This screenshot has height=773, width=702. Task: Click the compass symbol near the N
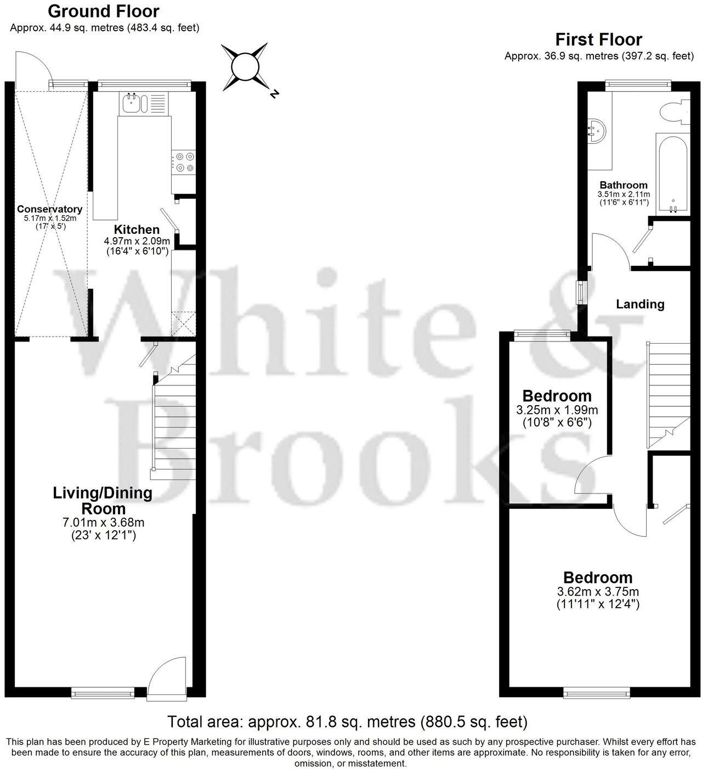click(x=245, y=67)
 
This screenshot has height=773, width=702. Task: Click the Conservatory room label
click(x=49, y=209)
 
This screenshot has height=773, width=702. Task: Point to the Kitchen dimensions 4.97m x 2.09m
click(x=137, y=241)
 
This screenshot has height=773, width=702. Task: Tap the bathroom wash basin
click(x=596, y=131)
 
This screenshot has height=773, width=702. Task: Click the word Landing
click(x=640, y=304)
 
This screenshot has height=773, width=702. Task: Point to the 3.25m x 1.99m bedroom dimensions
click(x=557, y=410)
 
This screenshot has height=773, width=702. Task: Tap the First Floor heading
click(x=598, y=40)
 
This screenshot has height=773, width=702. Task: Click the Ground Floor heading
click(x=104, y=11)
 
